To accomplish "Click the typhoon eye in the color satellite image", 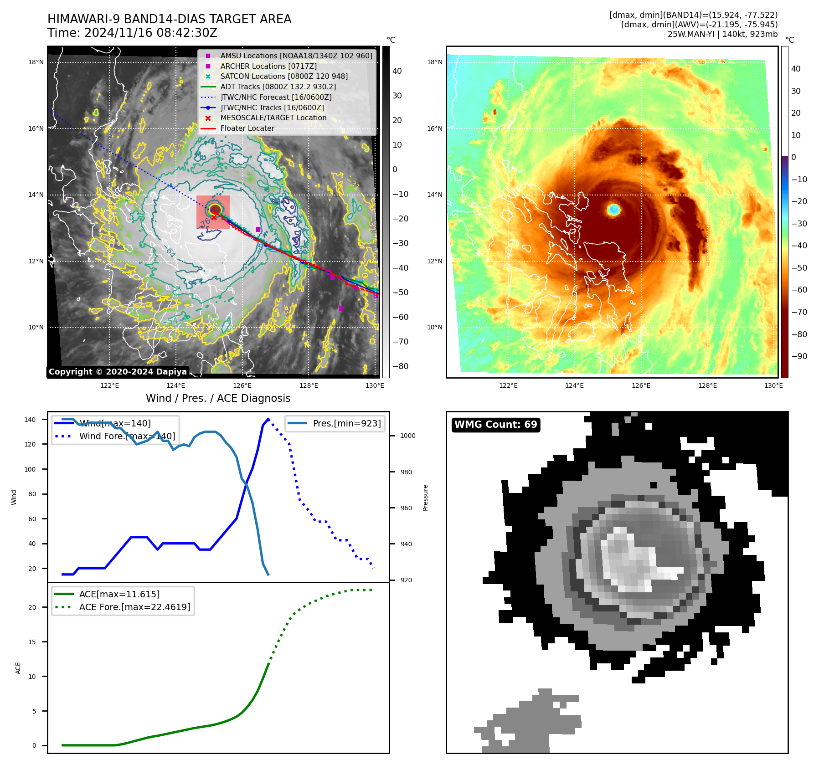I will pos(614,210).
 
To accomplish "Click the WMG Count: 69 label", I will pos(495,425).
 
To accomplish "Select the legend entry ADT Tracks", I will pos(278,87).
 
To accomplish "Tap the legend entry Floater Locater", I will pos(247,128).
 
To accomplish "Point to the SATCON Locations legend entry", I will pos(283,76).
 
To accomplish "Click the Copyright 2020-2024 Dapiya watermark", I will pos(118,372).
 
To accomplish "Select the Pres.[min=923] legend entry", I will pos(346,423).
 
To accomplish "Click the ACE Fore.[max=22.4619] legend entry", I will pos(134,607).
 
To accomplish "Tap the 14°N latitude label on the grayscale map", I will pos(36,195).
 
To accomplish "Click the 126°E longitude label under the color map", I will pos(641,385).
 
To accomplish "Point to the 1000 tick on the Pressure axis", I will pos(408,436).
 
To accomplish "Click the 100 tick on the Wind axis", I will pos(30,469).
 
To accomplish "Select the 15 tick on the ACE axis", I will pos(32,642).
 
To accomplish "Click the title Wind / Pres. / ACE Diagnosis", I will pos(218,398).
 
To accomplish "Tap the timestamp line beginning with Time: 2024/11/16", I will pos(132,33).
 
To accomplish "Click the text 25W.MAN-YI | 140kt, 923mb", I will pos(722,34).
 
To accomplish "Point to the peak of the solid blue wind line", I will pos(268,419).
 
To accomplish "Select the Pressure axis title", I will pos(425,498).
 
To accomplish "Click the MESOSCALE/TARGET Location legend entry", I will pos(273,118).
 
